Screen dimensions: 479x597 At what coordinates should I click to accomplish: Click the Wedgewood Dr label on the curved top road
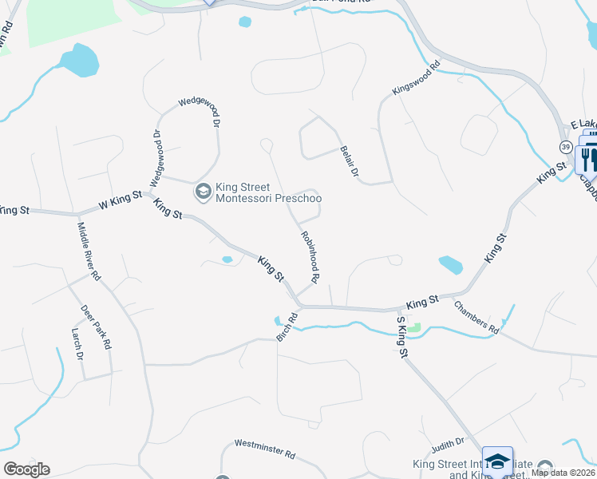[x=200, y=109]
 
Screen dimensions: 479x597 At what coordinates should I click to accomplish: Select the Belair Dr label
[x=350, y=162]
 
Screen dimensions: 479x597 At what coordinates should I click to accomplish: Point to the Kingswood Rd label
[x=416, y=80]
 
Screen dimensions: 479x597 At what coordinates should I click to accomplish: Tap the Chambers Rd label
[x=476, y=317]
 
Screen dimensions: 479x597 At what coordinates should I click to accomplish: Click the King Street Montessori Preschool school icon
[x=204, y=192]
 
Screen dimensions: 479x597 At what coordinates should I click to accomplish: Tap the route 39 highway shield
[x=565, y=147]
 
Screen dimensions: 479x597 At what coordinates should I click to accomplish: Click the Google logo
[x=26, y=469]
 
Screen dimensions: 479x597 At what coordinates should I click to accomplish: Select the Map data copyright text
[x=563, y=473]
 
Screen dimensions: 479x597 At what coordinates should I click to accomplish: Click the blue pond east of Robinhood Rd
[x=450, y=264]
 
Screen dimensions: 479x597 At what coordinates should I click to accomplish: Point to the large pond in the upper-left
[x=79, y=60]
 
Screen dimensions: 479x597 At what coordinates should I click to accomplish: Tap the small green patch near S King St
[x=413, y=327]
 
